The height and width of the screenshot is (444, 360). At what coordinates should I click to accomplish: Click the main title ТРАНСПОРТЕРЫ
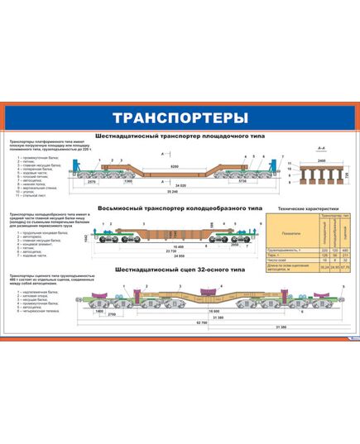[180, 115]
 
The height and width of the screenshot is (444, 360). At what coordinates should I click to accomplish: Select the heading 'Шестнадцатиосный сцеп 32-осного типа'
[180, 270]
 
